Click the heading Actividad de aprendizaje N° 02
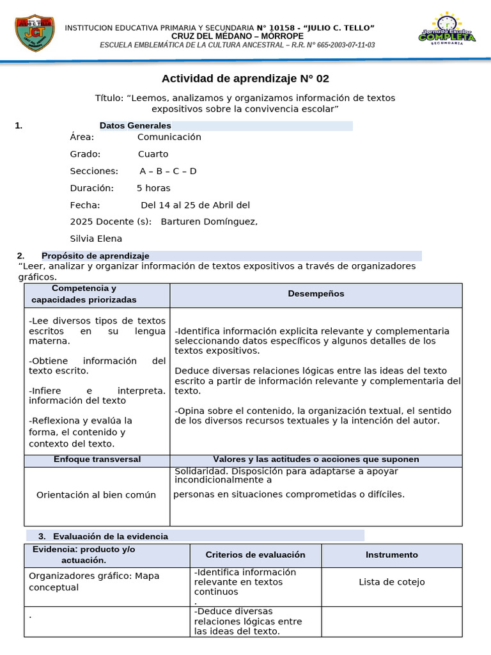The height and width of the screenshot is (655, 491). tap(245, 79)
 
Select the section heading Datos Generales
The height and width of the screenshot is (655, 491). tap(136, 125)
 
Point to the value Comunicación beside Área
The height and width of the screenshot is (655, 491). tap(169, 137)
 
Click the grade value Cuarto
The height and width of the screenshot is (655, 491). tap(153, 154)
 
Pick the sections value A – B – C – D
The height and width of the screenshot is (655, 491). tap(168, 171)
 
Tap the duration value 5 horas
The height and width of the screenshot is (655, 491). tap(153, 188)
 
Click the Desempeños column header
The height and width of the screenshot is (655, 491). tap(316, 294)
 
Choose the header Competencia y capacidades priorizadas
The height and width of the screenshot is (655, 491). tap(84, 294)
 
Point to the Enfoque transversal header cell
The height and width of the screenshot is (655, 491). tap(97, 459)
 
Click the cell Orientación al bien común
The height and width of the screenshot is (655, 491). tap(96, 495)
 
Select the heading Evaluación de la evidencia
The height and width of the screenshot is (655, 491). tap(111, 536)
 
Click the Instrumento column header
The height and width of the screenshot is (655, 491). tap(392, 555)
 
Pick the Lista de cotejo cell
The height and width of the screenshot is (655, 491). tap(392, 582)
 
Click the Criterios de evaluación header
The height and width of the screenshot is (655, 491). tap(256, 555)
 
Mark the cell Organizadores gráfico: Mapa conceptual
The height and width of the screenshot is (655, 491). tap(94, 581)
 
